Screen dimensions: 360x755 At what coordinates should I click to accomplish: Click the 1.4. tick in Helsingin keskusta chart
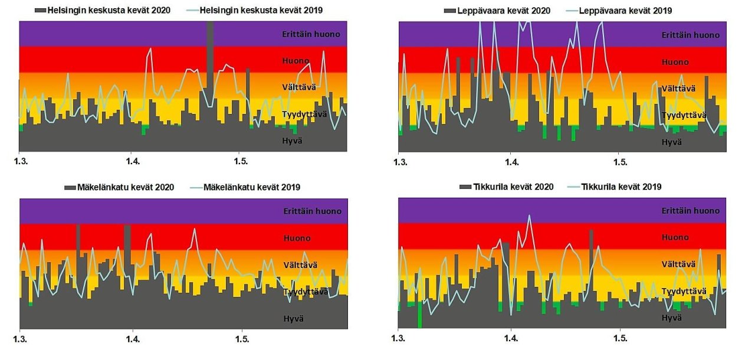click(x=132, y=161)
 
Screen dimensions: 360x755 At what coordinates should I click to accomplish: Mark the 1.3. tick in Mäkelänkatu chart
click(x=20, y=339)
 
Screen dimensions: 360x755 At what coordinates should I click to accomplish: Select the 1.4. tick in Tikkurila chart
click(x=511, y=339)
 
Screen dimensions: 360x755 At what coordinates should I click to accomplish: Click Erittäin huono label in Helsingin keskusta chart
click(x=311, y=34)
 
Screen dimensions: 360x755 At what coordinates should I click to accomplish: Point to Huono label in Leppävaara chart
click(x=675, y=62)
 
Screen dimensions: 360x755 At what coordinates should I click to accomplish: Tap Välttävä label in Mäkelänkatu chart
click(x=300, y=265)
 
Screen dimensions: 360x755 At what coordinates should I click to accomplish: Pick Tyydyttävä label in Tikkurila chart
click(x=684, y=292)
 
